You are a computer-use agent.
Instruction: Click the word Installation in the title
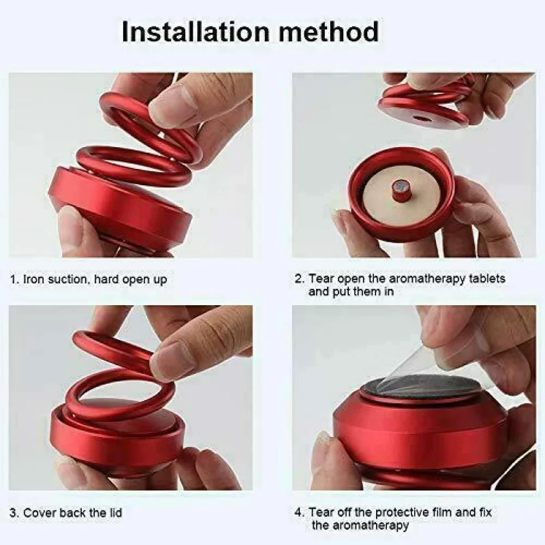tap(196, 32)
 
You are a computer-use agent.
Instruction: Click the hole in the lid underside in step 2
tap(421, 118)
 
